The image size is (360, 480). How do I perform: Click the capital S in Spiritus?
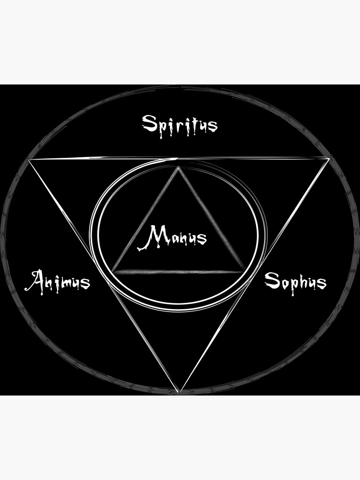150,123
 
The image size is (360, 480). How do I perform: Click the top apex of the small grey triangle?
178,167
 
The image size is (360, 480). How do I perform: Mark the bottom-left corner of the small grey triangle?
113,271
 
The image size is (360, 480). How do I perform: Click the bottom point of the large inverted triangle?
179,392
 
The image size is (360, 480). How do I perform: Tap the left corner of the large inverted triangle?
29,159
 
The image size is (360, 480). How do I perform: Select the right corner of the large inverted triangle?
329,158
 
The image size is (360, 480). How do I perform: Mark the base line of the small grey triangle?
178,272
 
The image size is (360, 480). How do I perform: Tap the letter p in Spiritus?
164,129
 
